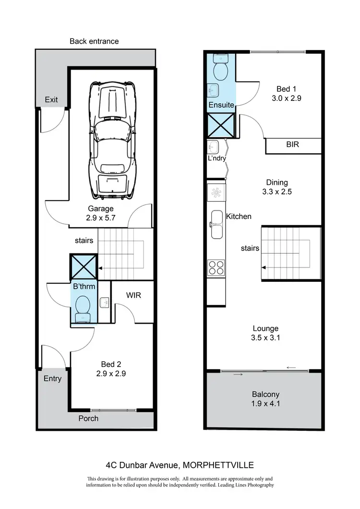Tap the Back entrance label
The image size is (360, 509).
click(94, 41)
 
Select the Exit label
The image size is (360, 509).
click(51, 100)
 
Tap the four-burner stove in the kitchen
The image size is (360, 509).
click(216, 267)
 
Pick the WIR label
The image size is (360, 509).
click(134, 295)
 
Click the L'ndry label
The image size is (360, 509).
click(217, 158)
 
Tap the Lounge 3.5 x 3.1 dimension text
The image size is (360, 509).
click(265, 333)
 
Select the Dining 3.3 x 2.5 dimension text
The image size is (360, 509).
click(277, 187)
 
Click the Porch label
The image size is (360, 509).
click(88, 418)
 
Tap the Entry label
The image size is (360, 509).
click(53, 378)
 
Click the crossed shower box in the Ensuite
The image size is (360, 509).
click(221, 125)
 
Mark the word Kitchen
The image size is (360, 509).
click(239, 217)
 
